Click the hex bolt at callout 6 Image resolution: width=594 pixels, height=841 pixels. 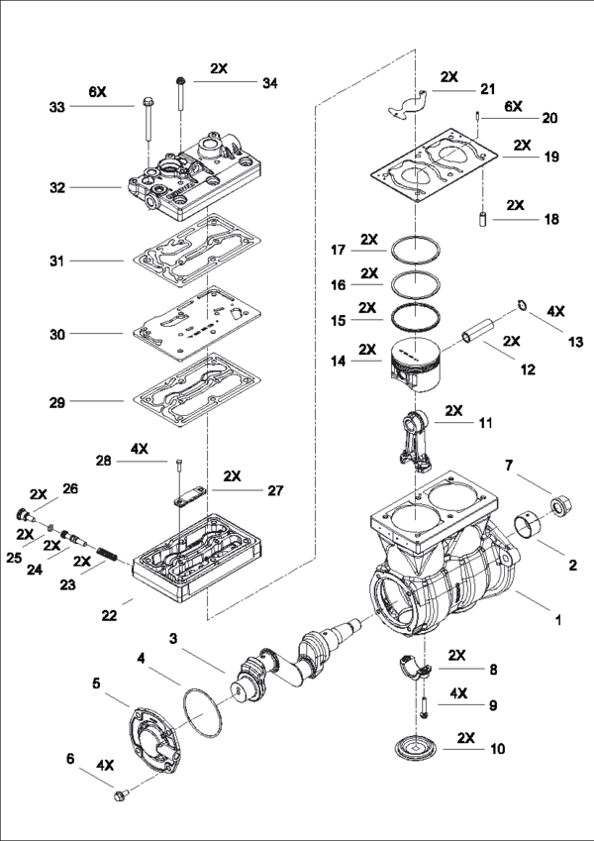click(124, 794)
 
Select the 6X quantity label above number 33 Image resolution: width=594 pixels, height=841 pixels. click(96, 91)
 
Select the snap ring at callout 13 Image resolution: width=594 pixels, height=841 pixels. click(518, 306)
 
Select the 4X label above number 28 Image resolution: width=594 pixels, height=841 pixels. click(140, 448)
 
